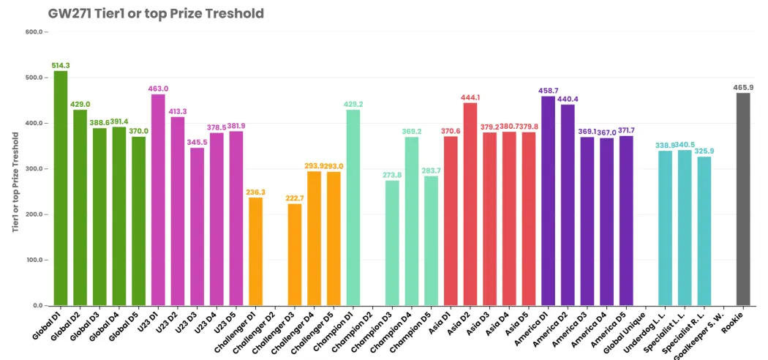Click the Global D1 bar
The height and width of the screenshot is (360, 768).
point(61,188)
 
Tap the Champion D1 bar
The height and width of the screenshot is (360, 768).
point(353,208)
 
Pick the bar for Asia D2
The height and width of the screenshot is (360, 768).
point(470,204)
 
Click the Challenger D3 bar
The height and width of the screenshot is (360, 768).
point(294,255)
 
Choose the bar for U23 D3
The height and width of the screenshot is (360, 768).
point(197,227)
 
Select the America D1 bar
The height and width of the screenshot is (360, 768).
point(548,200)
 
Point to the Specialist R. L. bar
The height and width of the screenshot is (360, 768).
point(704,231)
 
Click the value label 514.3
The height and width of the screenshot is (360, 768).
point(61,66)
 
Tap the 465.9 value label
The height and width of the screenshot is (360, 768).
point(744,88)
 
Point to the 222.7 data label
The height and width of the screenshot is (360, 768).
point(295,198)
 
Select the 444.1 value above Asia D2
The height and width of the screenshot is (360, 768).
point(470,97)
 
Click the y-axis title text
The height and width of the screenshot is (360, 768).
point(16,181)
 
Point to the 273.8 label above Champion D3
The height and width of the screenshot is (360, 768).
point(392,175)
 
